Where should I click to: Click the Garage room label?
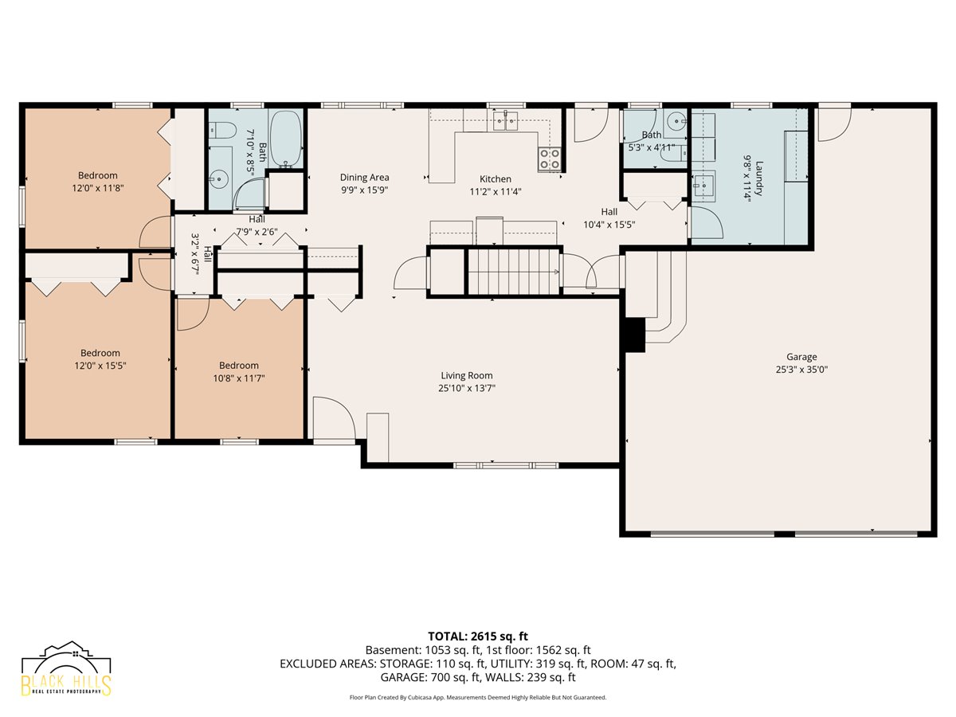(x=801, y=357)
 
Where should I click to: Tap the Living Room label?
(x=467, y=375)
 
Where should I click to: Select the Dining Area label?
(x=364, y=177)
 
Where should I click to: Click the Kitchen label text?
(x=496, y=179)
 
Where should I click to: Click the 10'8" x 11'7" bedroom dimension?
(x=239, y=378)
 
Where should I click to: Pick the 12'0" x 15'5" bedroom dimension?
(x=100, y=366)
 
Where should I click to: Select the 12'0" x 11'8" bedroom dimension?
(x=97, y=188)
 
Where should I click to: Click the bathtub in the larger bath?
(x=286, y=139)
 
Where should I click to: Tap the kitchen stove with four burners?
(x=549, y=159)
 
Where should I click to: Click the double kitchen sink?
(x=505, y=120)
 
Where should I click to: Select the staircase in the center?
(x=514, y=272)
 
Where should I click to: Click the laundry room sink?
(x=703, y=186)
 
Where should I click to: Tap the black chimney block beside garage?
(x=635, y=335)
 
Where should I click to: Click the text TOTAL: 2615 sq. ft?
(x=478, y=637)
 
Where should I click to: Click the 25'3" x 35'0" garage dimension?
(x=801, y=370)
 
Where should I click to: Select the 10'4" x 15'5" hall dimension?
(x=609, y=225)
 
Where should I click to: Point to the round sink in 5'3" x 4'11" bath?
(x=677, y=119)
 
